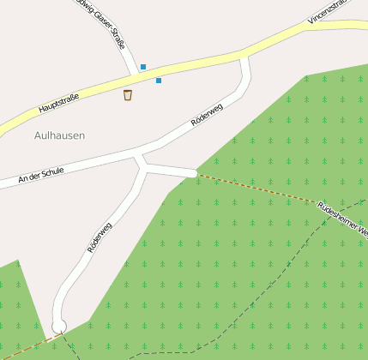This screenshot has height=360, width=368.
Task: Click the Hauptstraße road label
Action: pos(58,104)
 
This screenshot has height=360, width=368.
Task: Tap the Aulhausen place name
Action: pos(60,135)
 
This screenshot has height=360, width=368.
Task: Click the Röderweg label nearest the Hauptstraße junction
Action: pos(207,117)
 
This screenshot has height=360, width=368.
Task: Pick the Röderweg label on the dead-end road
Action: pos(100,237)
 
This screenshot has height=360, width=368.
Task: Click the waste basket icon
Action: pos(128,94)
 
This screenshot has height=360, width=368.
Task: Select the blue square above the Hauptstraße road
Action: pos(143,67)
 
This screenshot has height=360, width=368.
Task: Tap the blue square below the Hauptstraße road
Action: pos(159,81)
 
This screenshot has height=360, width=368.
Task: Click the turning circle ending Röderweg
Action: pos(58,326)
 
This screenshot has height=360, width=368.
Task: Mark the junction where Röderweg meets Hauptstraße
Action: pos(244,56)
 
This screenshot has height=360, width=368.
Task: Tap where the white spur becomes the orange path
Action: pos(196,175)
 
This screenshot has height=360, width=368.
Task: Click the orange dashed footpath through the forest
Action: pos(257,188)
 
